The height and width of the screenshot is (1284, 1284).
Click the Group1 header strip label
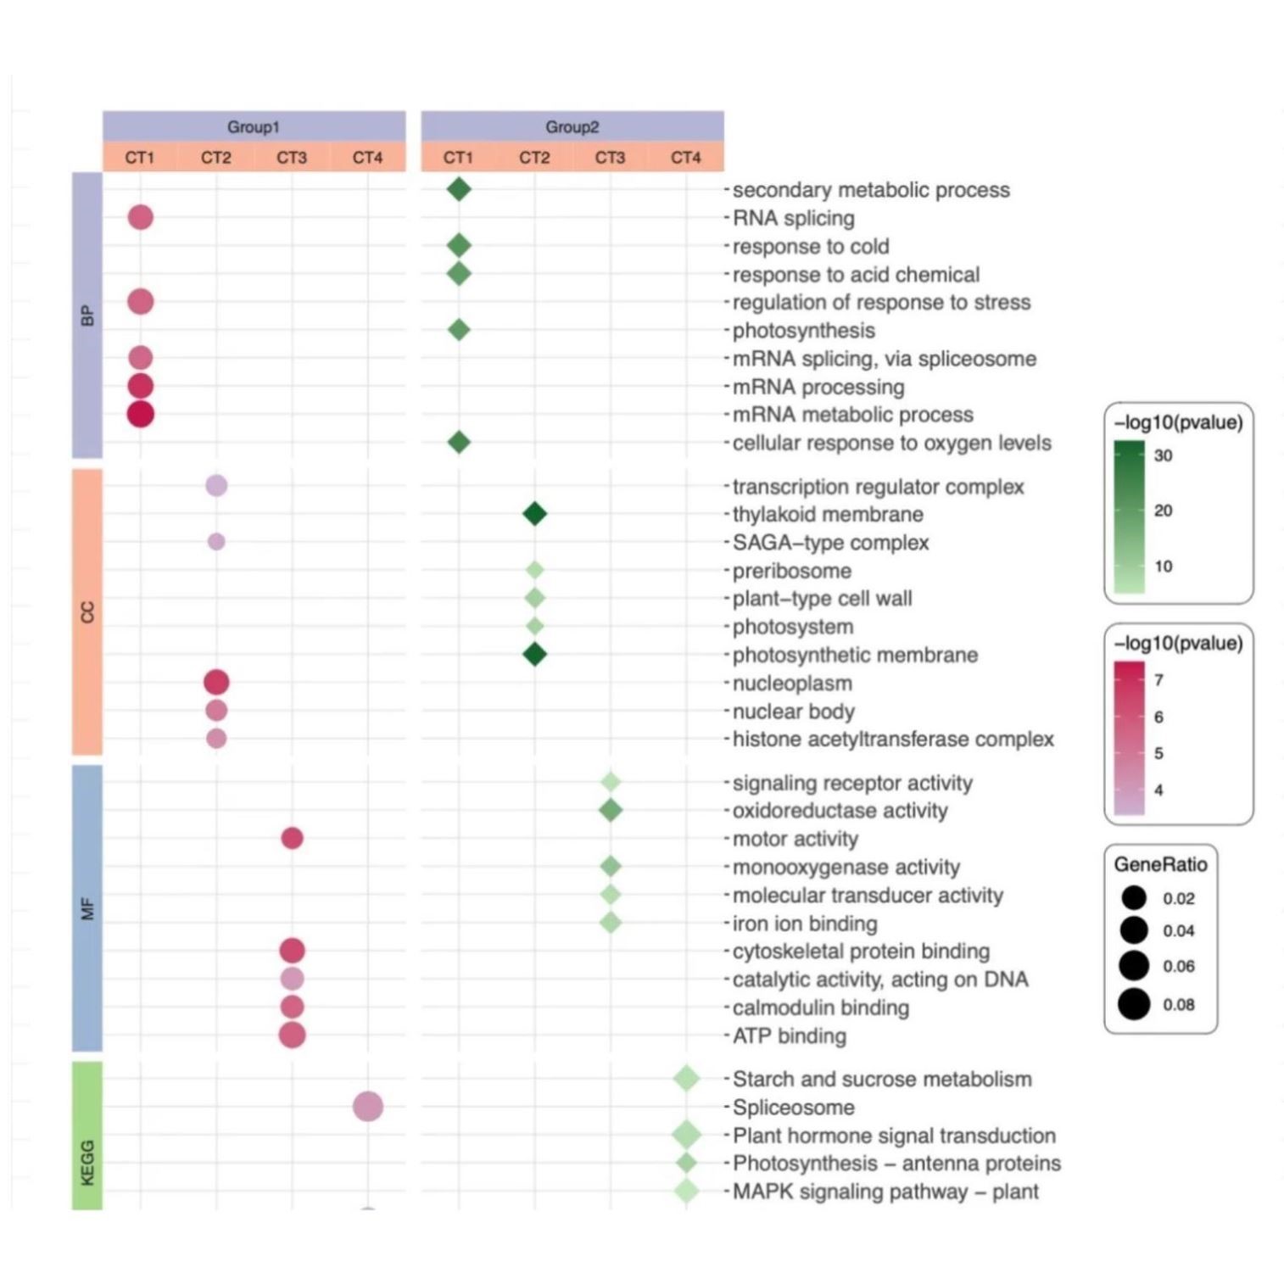tap(253, 127)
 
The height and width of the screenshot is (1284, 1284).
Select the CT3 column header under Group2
tap(610, 158)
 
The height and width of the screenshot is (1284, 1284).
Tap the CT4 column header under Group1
tap(367, 158)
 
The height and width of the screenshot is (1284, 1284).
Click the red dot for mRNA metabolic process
tap(141, 414)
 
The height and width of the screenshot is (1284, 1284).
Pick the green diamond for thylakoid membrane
tap(534, 514)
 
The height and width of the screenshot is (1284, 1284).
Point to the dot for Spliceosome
tap(367, 1106)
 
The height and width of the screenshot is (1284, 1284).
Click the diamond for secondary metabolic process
tap(459, 189)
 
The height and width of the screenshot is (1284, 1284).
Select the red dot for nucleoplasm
tap(216, 682)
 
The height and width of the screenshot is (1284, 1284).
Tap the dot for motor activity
tap(292, 838)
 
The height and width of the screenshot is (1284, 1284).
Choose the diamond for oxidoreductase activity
tap(610, 810)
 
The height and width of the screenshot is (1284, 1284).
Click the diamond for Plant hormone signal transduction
tap(686, 1134)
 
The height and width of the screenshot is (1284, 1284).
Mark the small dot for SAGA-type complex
tap(216, 541)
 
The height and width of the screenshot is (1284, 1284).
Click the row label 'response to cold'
tap(810, 247)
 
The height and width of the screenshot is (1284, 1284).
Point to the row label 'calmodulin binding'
tap(820, 1008)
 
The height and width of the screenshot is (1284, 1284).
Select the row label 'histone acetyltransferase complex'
tap(892, 740)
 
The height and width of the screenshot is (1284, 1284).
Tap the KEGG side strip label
tap(87, 1162)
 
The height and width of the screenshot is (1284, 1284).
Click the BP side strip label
tap(87, 315)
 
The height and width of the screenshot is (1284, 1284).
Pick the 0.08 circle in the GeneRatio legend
tap(1134, 1004)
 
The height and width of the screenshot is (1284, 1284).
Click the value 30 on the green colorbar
tap(1163, 455)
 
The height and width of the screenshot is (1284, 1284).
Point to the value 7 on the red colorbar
tap(1158, 680)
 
